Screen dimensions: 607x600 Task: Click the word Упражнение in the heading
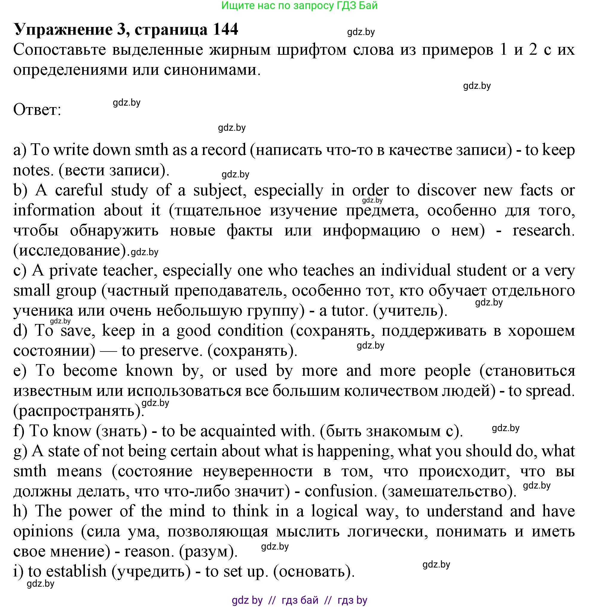click(x=63, y=30)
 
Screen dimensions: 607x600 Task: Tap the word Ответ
click(x=37, y=110)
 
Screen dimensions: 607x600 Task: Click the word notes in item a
click(x=31, y=170)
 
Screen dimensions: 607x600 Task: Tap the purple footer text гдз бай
click(x=300, y=600)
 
